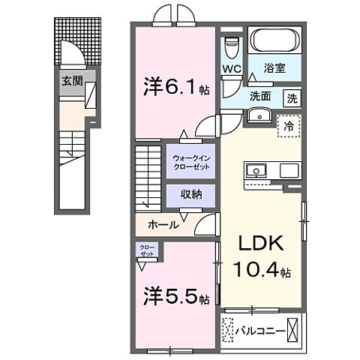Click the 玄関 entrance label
[x=73, y=80]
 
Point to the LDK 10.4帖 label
[x=261, y=256]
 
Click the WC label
[x=230, y=70]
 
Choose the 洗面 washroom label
[x=261, y=96]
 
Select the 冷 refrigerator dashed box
[x=289, y=126]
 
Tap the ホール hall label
[x=163, y=224]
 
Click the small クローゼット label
[x=146, y=250]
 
